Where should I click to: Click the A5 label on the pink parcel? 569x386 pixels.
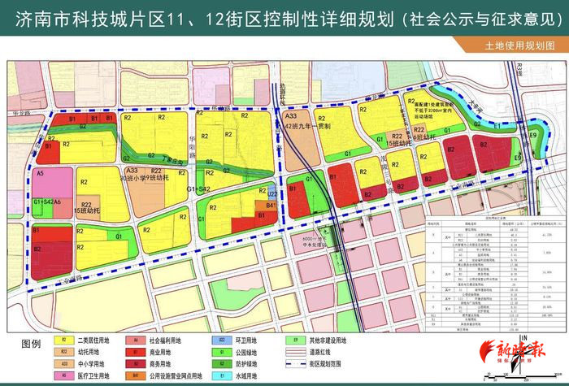click(40, 173)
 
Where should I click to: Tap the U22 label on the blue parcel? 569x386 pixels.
click(273, 195)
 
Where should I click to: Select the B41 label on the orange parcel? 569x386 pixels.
click(271, 206)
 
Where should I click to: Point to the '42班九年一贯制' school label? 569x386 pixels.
click(306, 127)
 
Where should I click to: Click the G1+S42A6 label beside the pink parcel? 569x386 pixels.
click(47, 201)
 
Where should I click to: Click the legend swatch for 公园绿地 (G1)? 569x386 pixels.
click(220, 353)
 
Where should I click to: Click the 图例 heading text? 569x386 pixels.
click(29, 345)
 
